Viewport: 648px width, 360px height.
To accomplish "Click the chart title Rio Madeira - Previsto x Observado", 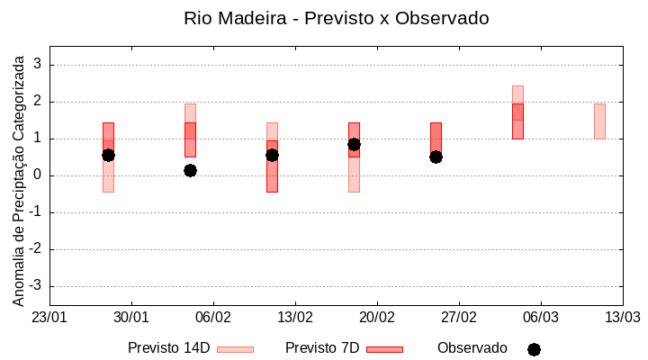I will (336, 18).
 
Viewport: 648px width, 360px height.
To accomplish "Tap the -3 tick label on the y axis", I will (36, 286).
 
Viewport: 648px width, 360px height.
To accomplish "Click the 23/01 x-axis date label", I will (49, 318).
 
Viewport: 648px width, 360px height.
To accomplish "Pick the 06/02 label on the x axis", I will (213, 318).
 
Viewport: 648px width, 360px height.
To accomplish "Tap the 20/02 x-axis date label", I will (377, 318).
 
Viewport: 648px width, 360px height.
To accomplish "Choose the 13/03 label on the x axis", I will (622, 318).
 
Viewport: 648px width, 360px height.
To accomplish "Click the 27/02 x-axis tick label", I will (459, 318).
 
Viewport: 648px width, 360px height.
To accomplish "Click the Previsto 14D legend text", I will (168, 348).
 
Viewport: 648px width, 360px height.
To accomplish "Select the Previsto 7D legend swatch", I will (384, 349).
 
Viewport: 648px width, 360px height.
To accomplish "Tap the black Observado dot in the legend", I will (534, 349).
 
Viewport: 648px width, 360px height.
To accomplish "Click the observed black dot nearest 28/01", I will (108, 155).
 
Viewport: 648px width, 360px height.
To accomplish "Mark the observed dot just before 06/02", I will (190, 170).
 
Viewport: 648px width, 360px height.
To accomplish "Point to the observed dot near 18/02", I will (354, 144).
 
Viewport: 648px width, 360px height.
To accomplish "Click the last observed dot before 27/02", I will (436, 157).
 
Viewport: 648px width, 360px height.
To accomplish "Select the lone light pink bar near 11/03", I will (599, 121).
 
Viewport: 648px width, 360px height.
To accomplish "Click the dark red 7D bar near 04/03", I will (517, 121).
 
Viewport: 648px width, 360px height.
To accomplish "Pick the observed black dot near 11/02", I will (272, 155).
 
